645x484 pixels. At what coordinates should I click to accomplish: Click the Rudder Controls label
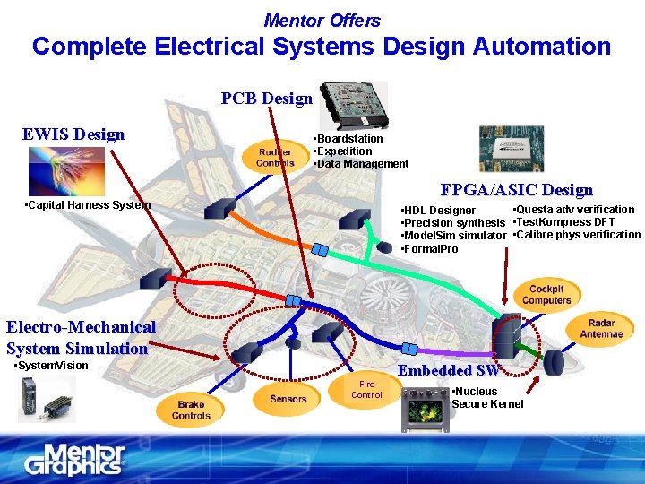tap(275, 157)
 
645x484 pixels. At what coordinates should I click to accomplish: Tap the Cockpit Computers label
tap(546, 295)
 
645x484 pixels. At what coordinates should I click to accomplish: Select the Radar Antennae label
tap(601, 328)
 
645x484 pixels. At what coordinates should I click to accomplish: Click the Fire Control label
tap(366, 389)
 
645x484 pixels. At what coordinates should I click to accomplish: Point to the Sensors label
tap(288, 398)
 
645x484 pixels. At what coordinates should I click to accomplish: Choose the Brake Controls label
tap(191, 411)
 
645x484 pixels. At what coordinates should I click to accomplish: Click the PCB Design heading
tap(266, 99)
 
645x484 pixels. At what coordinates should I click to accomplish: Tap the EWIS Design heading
tap(73, 134)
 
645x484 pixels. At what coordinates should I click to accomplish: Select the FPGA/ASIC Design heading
tap(516, 190)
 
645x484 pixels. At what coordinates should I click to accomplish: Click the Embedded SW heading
tap(448, 370)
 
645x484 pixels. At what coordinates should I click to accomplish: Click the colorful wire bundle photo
tap(65, 170)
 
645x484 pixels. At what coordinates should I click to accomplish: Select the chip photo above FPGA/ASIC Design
tap(511, 149)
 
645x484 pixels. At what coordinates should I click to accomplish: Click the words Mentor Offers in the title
tap(322, 20)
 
